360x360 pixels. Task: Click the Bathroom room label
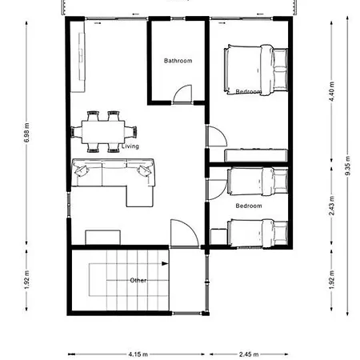pyautogui.click(x=178, y=61)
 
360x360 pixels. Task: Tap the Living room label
pyautogui.click(x=130, y=146)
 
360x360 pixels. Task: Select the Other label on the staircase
pyautogui.click(x=138, y=280)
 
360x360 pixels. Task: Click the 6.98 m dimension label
pyautogui.click(x=26, y=133)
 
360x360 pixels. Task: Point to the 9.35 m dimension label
pyautogui.click(x=347, y=166)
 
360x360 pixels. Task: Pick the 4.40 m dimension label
pyautogui.click(x=331, y=92)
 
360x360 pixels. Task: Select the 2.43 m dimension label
pyautogui.click(x=331, y=206)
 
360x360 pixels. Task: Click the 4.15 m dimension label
pyautogui.click(x=138, y=354)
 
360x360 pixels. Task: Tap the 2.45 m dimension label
pyautogui.click(x=249, y=354)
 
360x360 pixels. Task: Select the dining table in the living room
pyautogui.click(x=103, y=132)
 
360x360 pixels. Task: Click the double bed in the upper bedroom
pyautogui.click(x=256, y=70)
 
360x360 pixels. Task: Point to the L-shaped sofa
pyautogui.click(x=114, y=178)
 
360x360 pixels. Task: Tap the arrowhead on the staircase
pyautogui.click(x=165, y=264)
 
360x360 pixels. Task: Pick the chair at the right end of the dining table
pyautogui.click(x=131, y=132)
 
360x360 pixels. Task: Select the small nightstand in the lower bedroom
pyautogui.click(x=218, y=237)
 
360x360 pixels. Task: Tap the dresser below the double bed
pyautogui.click(x=256, y=155)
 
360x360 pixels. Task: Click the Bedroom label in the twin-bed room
pyautogui.click(x=249, y=206)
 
